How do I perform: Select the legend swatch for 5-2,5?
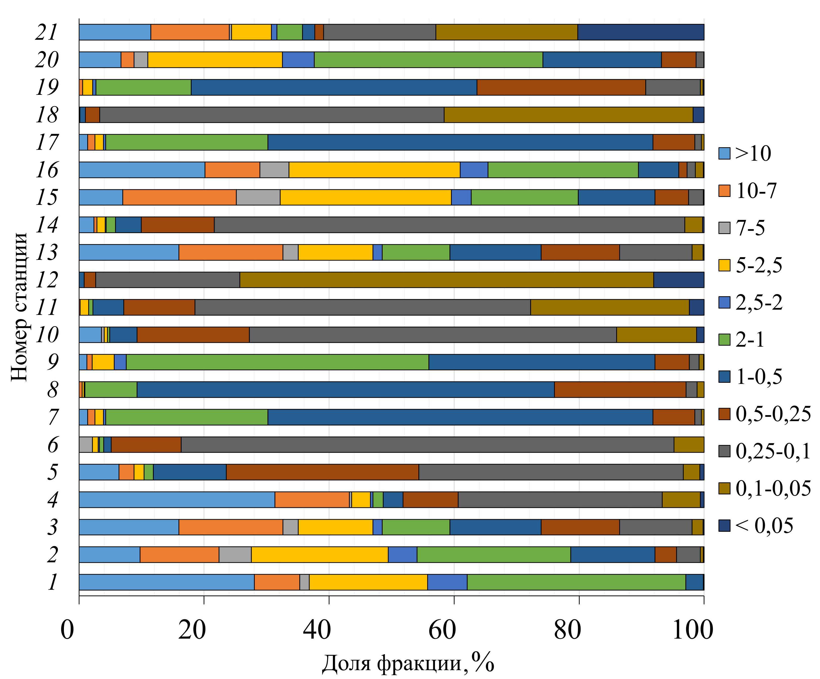click(724, 265)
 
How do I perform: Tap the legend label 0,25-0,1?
click(773, 451)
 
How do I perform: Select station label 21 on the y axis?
click(47, 32)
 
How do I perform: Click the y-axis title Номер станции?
click(20, 307)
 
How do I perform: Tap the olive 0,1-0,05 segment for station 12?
click(446, 280)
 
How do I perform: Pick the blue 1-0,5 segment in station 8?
click(345, 390)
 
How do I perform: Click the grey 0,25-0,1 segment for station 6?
click(427, 444)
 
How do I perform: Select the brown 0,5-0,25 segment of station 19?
click(561, 87)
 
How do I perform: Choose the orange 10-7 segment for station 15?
click(179, 197)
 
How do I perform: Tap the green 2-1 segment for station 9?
click(277, 362)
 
